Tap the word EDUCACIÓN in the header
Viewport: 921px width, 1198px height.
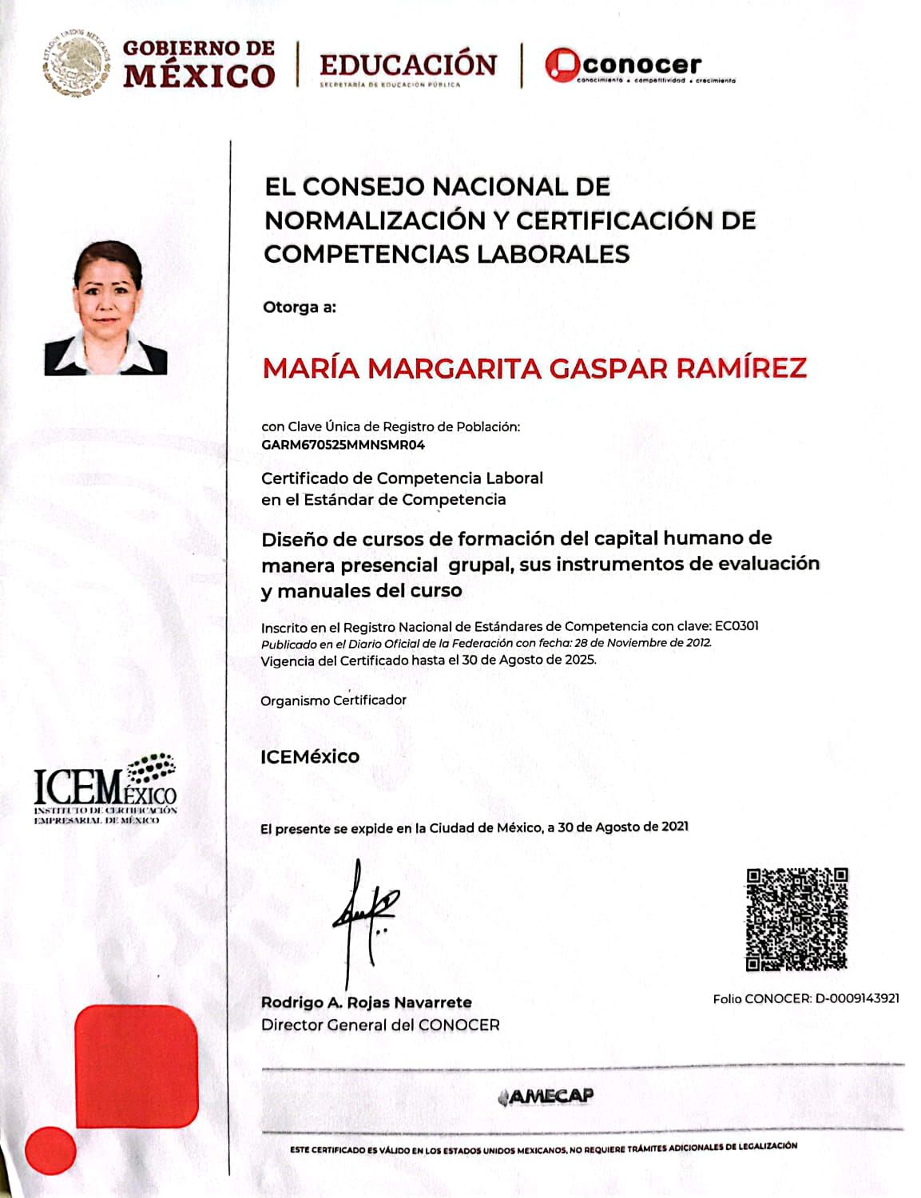(x=407, y=65)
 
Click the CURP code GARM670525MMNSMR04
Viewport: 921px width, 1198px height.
(x=343, y=445)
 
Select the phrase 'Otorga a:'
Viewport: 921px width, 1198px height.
(x=300, y=307)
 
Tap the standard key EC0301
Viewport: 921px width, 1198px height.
(x=736, y=625)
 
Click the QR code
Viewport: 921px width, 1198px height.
(x=796, y=919)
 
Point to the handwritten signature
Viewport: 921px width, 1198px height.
(x=363, y=918)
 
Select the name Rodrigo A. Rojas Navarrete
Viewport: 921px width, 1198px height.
(x=366, y=1002)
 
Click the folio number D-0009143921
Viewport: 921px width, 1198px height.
(x=857, y=998)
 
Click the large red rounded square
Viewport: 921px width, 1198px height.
(x=137, y=1066)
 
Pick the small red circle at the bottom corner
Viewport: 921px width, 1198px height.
(x=50, y=1151)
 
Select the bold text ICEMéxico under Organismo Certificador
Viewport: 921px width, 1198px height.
(x=310, y=756)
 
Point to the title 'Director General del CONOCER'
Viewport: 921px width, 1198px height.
(x=380, y=1025)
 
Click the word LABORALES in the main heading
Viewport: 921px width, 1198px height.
(x=553, y=254)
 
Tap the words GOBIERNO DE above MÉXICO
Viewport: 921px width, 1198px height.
(x=198, y=48)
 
